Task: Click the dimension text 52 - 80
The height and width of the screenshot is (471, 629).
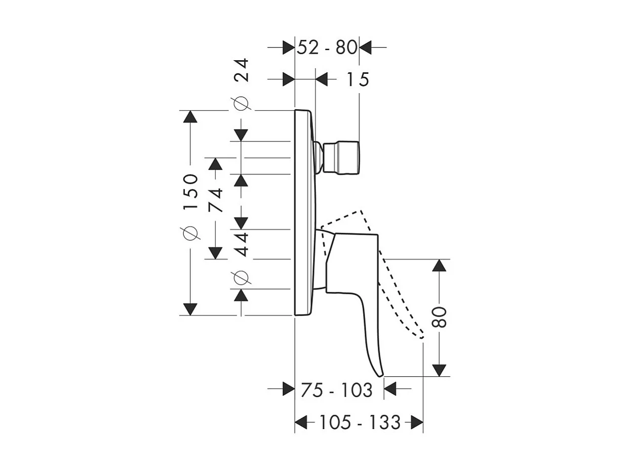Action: point(327,47)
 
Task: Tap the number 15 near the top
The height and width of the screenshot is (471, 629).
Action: point(358,79)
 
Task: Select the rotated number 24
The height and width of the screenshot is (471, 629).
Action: point(241,70)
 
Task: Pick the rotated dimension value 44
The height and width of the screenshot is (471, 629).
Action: point(241,245)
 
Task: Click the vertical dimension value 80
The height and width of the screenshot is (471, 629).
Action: point(439,317)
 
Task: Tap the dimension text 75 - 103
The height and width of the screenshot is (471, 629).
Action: point(337,390)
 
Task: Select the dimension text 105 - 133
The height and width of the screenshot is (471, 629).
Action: point(360,422)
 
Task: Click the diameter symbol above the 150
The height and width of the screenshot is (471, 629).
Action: point(190,233)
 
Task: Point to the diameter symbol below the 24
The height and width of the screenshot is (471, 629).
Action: point(241,103)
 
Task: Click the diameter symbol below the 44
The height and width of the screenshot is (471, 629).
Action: point(241,278)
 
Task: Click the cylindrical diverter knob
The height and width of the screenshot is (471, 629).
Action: point(341,157)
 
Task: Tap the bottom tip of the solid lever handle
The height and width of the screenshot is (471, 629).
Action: point(380,376)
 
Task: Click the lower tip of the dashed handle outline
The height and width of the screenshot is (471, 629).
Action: point(421,337)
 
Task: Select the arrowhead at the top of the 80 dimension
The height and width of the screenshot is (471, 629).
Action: point(439,266)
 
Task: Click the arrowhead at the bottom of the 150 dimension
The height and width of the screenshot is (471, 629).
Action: point(190,309)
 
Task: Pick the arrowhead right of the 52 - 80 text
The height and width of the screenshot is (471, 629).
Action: point(365,47)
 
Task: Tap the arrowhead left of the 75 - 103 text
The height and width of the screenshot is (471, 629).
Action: point(289,389)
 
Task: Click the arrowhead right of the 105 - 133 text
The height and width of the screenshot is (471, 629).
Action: point(417,422)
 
